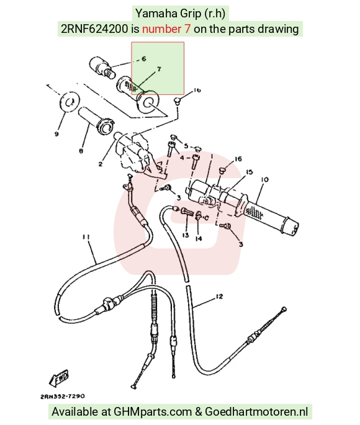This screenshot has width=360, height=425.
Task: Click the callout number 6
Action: coord(143,58)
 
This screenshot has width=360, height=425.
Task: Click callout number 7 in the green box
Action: coord(159,69)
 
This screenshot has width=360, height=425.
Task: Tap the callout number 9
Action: coord(56,134)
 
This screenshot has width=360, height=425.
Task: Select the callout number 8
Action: coord(81,151)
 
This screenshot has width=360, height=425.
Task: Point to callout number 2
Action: coord(101,164)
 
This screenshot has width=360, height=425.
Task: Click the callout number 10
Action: coord(264,180)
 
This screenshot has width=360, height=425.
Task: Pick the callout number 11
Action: coord(86,237)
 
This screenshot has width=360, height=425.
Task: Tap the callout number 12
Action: coord(219,297)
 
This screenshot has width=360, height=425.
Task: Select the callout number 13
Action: coord(186,235)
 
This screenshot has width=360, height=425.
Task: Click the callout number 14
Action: coord(199,238)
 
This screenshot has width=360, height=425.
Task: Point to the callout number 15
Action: coord(249,172)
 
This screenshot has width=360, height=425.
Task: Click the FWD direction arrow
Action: coord(59,378)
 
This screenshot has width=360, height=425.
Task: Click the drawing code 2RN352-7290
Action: coord(63,396)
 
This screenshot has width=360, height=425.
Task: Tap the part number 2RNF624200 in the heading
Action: coord(94,29)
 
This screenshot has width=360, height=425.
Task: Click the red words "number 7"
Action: coord(166,29)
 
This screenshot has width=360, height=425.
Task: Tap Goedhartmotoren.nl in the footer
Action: coord(256,411)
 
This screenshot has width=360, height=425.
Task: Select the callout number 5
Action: coord(186,146)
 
